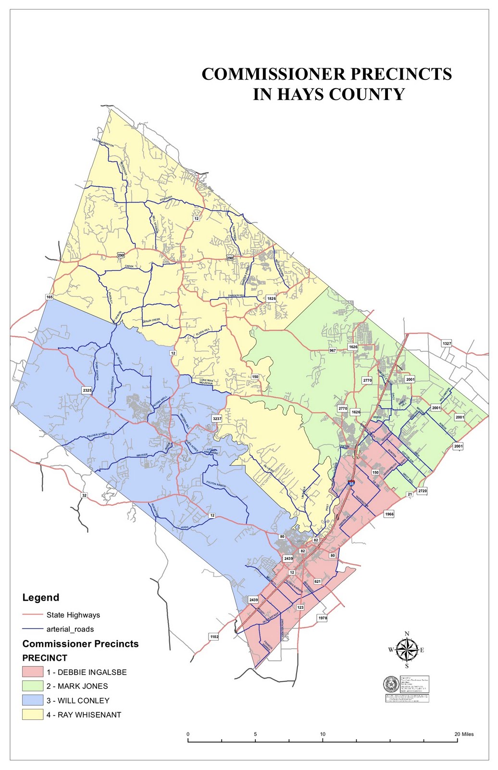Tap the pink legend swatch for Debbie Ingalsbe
pos(33,672)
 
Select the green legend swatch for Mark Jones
pos(33,686)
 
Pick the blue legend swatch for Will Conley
pos(33,700)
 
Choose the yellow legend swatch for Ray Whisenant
pos(33,715)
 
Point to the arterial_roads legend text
pos(70,629)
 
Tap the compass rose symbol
pos(407,650)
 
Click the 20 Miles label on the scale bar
pos(464,734)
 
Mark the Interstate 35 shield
pos(351,483)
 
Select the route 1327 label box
pos(447,343)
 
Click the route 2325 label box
pos(87,390)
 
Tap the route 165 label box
pos(50,297)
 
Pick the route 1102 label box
pos(214,636)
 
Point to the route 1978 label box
pos(323,617)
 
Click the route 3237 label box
pos(217,419)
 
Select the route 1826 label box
pos(272,298)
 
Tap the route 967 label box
pos(333,350)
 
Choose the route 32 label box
pos(84,495)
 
